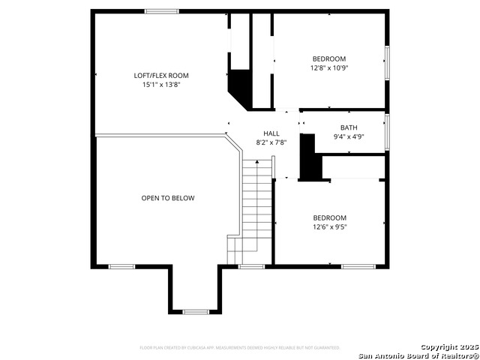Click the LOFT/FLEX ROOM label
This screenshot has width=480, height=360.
click(x=161, y=75)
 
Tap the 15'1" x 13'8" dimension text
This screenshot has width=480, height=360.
click(x=161, y=85)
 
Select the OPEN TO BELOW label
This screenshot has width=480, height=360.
click(x=168, y=198)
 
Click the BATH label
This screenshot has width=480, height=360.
click(x=349, y=127)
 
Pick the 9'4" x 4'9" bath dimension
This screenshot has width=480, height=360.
click(x=349, y=137)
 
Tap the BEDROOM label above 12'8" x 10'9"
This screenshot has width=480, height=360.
click(x=329, y=58)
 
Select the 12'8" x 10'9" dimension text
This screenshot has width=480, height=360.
click(x=329, y=68)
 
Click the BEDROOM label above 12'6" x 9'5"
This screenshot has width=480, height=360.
click(x=329, y=217)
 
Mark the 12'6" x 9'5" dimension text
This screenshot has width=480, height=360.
click(x=329, y=227)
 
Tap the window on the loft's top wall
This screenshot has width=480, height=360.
click(x=161, y=10)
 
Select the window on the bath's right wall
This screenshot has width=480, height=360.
click(x=387, y=131)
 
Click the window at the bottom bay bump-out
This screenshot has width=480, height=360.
click(x=196, y=311)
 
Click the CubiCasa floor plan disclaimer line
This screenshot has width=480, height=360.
click(x=240, y=348)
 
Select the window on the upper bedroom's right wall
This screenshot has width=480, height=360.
click(x=387, y=62)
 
